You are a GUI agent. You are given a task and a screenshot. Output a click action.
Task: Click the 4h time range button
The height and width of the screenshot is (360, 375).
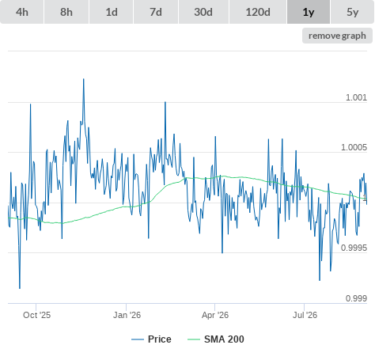click(x=22, y=12)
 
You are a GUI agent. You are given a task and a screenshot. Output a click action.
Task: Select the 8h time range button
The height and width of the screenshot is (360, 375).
click(x=66, y=12)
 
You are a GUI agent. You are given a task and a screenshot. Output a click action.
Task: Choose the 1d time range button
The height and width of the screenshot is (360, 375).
click(x=112, y=12)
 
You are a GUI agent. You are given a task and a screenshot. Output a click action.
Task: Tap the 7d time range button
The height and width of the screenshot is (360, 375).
click(x=156, y=12)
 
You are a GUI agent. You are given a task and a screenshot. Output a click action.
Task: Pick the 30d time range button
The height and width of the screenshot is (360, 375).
click(x=203, y=12)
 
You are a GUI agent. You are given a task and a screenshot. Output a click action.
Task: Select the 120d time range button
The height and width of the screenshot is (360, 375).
click(x=258, y=12)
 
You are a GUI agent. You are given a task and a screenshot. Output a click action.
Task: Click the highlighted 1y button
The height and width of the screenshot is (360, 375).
click(x=309, y=12)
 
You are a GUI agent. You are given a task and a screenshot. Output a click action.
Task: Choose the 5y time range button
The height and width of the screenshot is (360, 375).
click(x=353, y=12)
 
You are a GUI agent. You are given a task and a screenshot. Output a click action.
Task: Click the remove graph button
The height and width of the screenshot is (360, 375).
click(x=337, y=36)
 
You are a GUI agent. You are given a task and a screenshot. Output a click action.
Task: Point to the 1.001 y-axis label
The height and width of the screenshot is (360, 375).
click(x=356, y=97)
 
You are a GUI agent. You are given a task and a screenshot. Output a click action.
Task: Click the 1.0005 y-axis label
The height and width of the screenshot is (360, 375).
click(x=354, y=147)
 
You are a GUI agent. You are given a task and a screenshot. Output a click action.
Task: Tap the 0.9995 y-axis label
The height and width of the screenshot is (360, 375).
click(x=354, y=248)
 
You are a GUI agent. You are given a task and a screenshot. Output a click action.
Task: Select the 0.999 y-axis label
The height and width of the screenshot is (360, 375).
click(x=356, y=298)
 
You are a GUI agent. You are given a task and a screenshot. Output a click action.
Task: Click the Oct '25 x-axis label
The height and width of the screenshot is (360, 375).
click(x=36, y=315)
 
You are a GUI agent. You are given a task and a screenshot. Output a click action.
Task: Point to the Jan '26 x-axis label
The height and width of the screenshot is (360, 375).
click(x=127, y=315)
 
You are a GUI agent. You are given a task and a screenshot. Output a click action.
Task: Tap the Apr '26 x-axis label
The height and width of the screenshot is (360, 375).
click(x=215, y=315)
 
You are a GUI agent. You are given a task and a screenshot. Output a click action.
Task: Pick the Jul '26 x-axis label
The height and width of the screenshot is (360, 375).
click(x=305, y=315)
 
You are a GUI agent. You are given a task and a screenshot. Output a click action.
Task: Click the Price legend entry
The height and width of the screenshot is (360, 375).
click(x=151, y=339)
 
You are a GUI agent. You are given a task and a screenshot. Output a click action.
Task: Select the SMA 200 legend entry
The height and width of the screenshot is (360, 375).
click(x=216, y=339)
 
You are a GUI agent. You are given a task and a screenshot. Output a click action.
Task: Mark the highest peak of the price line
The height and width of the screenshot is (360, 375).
click(x=84, y=79)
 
